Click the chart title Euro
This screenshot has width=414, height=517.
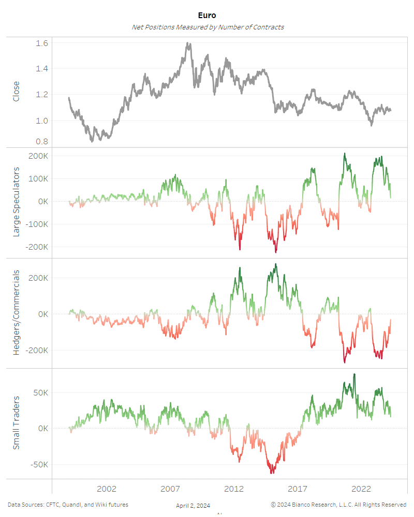click(207, 16)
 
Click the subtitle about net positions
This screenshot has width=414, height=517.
click(208, 27)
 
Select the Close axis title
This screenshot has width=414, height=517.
click(16, 91)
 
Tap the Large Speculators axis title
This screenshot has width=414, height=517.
click(16, 202)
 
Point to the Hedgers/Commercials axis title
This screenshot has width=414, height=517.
click(16, 313)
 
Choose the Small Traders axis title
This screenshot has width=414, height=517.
click(16, 422)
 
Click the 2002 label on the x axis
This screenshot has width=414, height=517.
click(107, 489)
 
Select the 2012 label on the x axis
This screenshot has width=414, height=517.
click(234, 489)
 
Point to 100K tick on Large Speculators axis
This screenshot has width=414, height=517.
click(39, 178)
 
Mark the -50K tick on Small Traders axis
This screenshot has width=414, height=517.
click(39, 464)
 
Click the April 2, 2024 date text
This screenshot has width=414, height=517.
click(193, 506)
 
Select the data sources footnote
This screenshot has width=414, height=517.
click(68, 505)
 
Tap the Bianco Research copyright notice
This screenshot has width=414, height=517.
click(338, 505)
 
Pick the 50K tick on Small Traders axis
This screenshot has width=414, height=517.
click(40, 393)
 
